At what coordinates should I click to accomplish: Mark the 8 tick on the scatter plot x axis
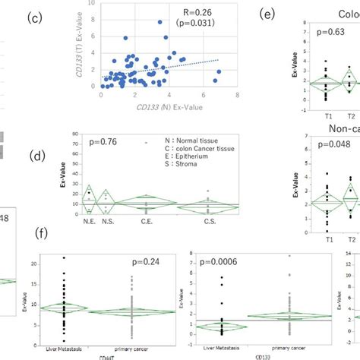tap(238, 95)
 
